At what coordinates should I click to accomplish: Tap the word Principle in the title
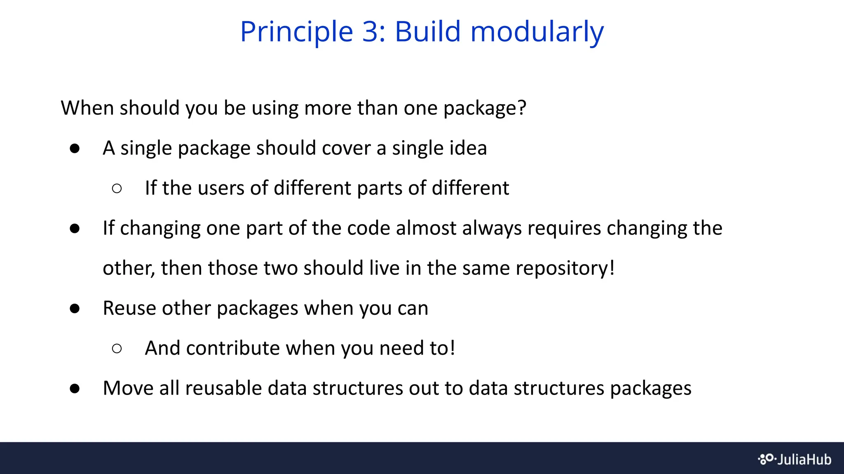(297, 32)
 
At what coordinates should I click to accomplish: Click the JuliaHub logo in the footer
(795, 459)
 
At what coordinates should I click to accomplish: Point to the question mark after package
(522, 108)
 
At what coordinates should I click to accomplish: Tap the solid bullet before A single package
(75, 148)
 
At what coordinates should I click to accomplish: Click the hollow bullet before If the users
(117, 188)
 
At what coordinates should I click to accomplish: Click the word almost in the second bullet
(426, 228)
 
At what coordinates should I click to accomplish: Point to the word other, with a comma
(128, 268)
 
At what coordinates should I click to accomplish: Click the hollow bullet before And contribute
(117, 349)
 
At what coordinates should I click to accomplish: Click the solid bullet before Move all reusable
(75, 388)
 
